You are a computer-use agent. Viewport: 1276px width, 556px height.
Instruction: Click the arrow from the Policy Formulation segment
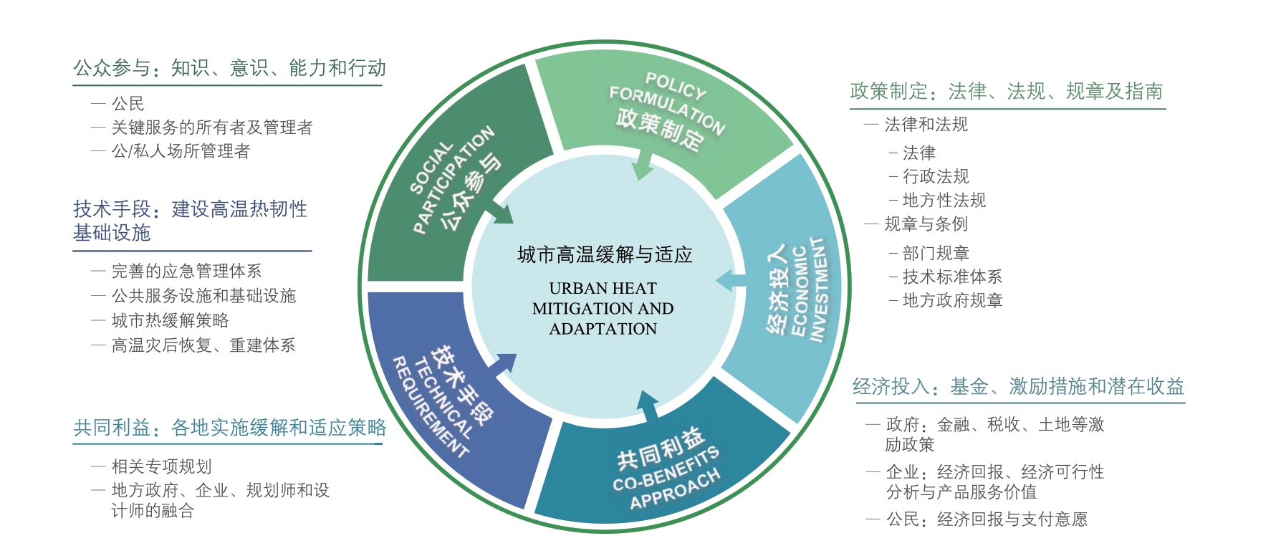643,166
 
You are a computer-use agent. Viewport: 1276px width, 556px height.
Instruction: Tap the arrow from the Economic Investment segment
732,281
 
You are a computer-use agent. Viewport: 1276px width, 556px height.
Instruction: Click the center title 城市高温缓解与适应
605,254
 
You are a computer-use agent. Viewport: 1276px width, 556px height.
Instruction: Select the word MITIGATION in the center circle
577,308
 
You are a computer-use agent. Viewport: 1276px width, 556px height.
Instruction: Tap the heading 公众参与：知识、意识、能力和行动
229,68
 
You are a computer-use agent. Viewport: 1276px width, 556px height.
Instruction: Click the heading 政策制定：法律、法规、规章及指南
1006,91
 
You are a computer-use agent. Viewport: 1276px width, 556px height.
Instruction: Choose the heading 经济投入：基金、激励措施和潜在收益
1018,387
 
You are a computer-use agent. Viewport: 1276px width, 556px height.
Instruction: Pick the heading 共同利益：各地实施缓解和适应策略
229,428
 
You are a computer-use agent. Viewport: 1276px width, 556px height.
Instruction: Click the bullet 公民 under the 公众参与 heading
128,104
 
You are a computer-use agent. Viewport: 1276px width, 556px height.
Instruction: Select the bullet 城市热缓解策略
170,320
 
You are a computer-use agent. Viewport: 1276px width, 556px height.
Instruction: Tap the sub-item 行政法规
936,176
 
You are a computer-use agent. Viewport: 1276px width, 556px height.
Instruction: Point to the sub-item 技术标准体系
952,277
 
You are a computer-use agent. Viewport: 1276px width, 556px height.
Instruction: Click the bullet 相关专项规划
161,466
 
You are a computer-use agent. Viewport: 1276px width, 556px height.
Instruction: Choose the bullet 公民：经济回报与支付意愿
987,519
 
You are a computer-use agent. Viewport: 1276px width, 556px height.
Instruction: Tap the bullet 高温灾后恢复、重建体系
203,345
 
